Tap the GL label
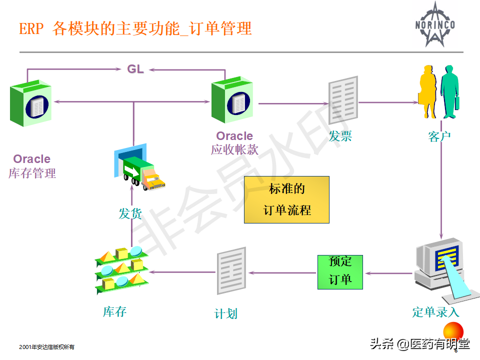135,69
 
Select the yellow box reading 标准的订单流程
286,199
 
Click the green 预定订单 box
340,272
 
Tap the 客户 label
439,136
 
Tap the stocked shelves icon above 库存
121,269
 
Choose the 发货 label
130,214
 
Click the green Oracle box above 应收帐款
231,102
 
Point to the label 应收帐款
234,149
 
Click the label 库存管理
32,173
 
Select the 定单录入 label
435,312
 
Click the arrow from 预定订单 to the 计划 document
282,272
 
